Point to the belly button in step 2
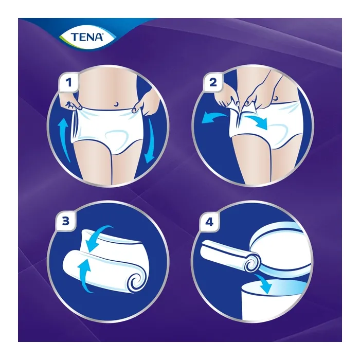(279, 97)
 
